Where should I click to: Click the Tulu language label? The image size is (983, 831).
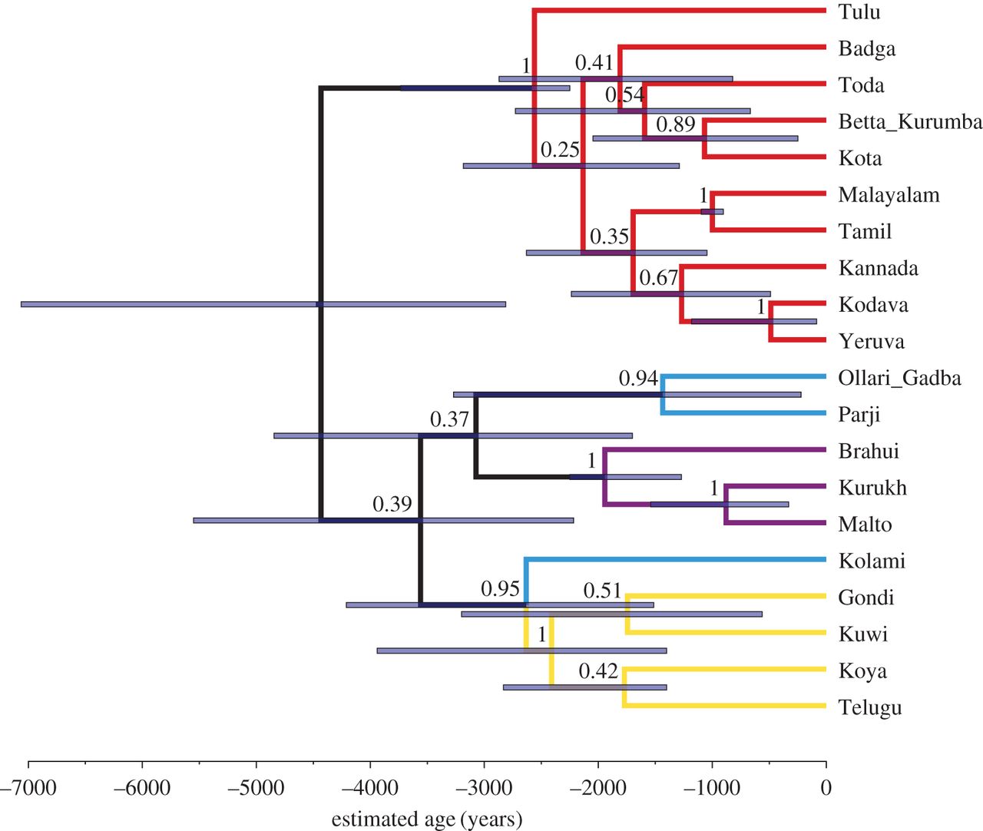859,12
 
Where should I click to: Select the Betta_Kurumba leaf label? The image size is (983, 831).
909,122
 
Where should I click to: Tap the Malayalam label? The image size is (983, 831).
889,195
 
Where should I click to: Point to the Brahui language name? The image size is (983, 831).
868,451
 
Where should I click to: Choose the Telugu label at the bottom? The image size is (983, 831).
869,707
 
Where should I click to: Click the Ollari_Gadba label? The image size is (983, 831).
899,378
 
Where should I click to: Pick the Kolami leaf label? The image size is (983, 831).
872,561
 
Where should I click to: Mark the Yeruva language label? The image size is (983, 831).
871,342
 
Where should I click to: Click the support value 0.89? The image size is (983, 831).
675,124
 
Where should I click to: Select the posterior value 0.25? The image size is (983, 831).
559,151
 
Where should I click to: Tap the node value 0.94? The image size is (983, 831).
638,379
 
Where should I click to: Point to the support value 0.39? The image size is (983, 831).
392,505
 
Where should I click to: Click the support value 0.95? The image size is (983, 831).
500,589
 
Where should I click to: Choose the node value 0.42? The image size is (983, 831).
598,671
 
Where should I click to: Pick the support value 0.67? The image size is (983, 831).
658,278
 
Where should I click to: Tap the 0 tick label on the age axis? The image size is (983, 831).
826,789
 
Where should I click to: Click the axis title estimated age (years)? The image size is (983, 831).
427,819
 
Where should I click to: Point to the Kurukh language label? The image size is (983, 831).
872,488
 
